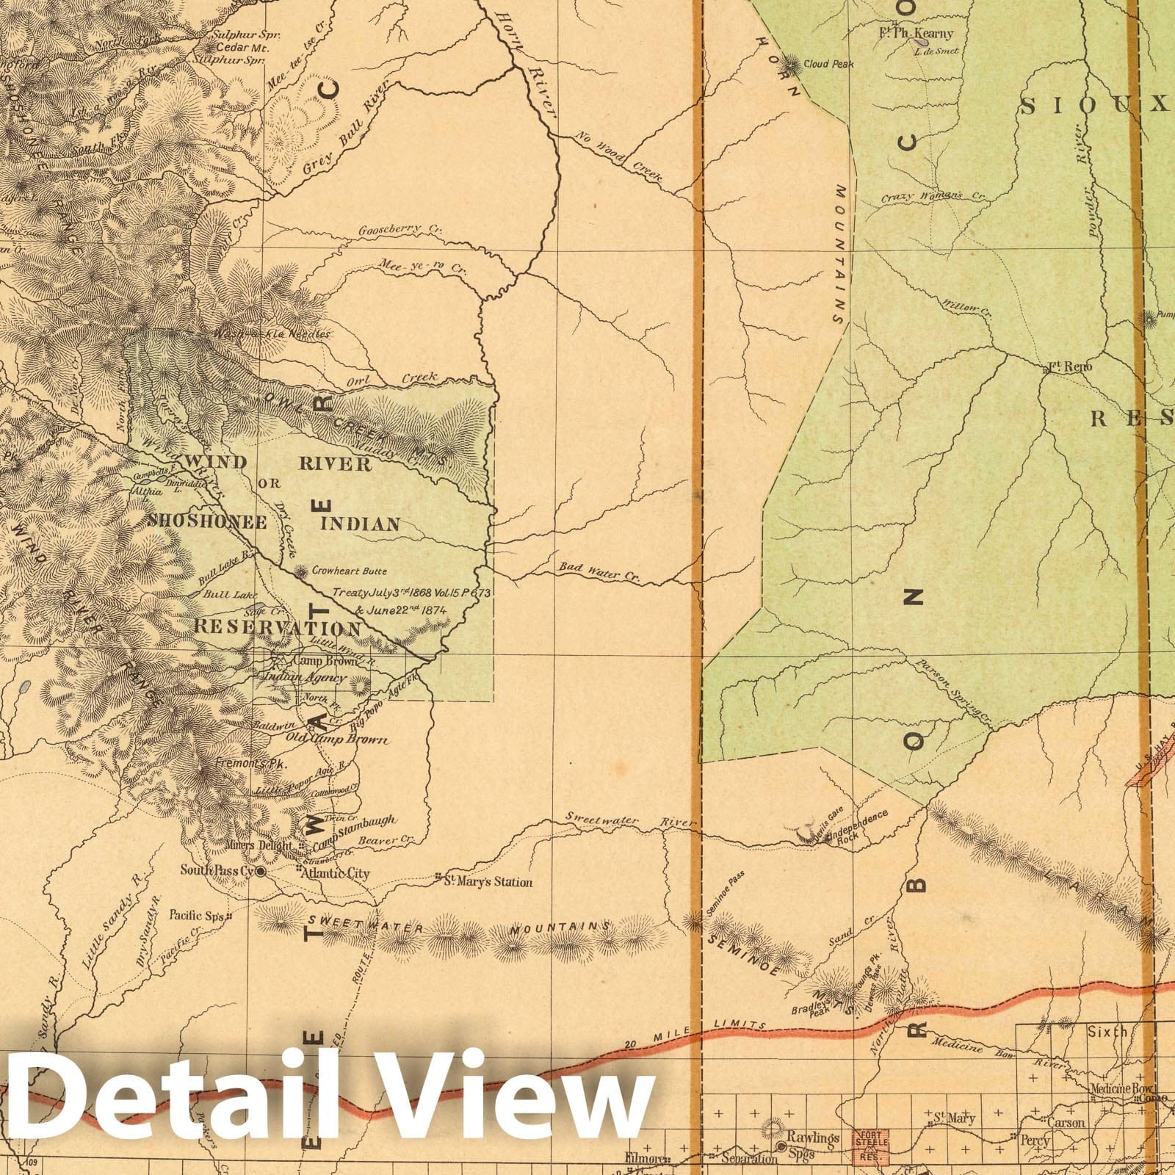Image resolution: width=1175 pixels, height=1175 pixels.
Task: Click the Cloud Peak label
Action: click(x=828, y=64)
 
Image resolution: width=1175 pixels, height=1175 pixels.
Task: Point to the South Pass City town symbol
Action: click(x=259, y=872)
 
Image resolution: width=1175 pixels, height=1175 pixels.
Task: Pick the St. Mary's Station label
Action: click(x=488, y=882)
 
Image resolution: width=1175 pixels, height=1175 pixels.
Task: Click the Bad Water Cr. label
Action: click(x=599, y=572)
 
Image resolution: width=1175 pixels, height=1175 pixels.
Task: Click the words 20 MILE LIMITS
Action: click(x=742, y=1025)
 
